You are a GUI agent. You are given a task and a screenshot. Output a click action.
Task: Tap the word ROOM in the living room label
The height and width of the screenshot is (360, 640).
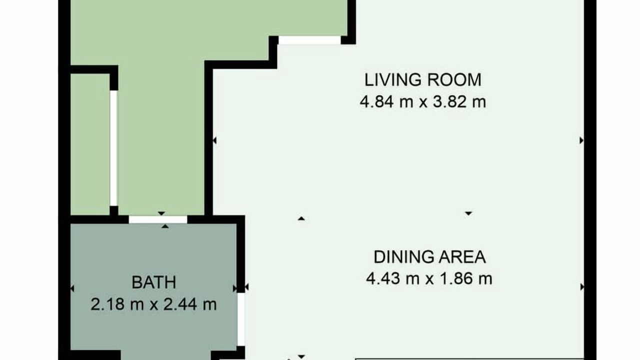coord(452,79)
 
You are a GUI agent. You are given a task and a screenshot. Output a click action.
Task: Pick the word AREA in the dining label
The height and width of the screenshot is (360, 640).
coord(462,257)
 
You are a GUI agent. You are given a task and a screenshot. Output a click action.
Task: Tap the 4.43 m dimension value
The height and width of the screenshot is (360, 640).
coord(393,278)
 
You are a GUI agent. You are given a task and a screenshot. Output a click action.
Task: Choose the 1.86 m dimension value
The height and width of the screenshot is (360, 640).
coord(465,278)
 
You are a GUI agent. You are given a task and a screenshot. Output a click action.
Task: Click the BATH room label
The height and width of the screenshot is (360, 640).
coord(153,282)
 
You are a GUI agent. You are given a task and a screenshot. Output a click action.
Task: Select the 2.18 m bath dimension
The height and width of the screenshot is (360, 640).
coord(117,304)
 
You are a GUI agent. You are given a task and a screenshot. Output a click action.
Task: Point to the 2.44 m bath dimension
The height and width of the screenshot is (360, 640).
coord(190,304)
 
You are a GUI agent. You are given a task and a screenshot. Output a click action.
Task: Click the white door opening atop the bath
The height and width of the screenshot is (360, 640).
coord(158,219)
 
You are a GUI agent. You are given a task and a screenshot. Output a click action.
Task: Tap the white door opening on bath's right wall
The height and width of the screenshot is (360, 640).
coord(241,319)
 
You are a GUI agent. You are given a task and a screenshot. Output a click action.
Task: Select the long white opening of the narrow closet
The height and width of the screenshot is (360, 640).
coord(113,148)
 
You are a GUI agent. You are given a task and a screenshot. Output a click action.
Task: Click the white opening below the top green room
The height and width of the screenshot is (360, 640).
coord(309,40)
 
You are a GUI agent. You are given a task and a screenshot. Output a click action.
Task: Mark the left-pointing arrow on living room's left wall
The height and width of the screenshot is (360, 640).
coord(214,140)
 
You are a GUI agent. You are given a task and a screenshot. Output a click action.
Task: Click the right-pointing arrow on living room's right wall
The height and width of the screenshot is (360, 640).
coord(581,140)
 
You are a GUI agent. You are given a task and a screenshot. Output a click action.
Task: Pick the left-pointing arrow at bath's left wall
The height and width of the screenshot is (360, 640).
coord(72,288)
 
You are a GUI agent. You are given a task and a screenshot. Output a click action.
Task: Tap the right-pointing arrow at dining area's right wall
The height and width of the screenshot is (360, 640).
coord(581,287)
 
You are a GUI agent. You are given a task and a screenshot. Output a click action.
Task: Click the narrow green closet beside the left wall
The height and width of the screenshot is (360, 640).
coord(90,144)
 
